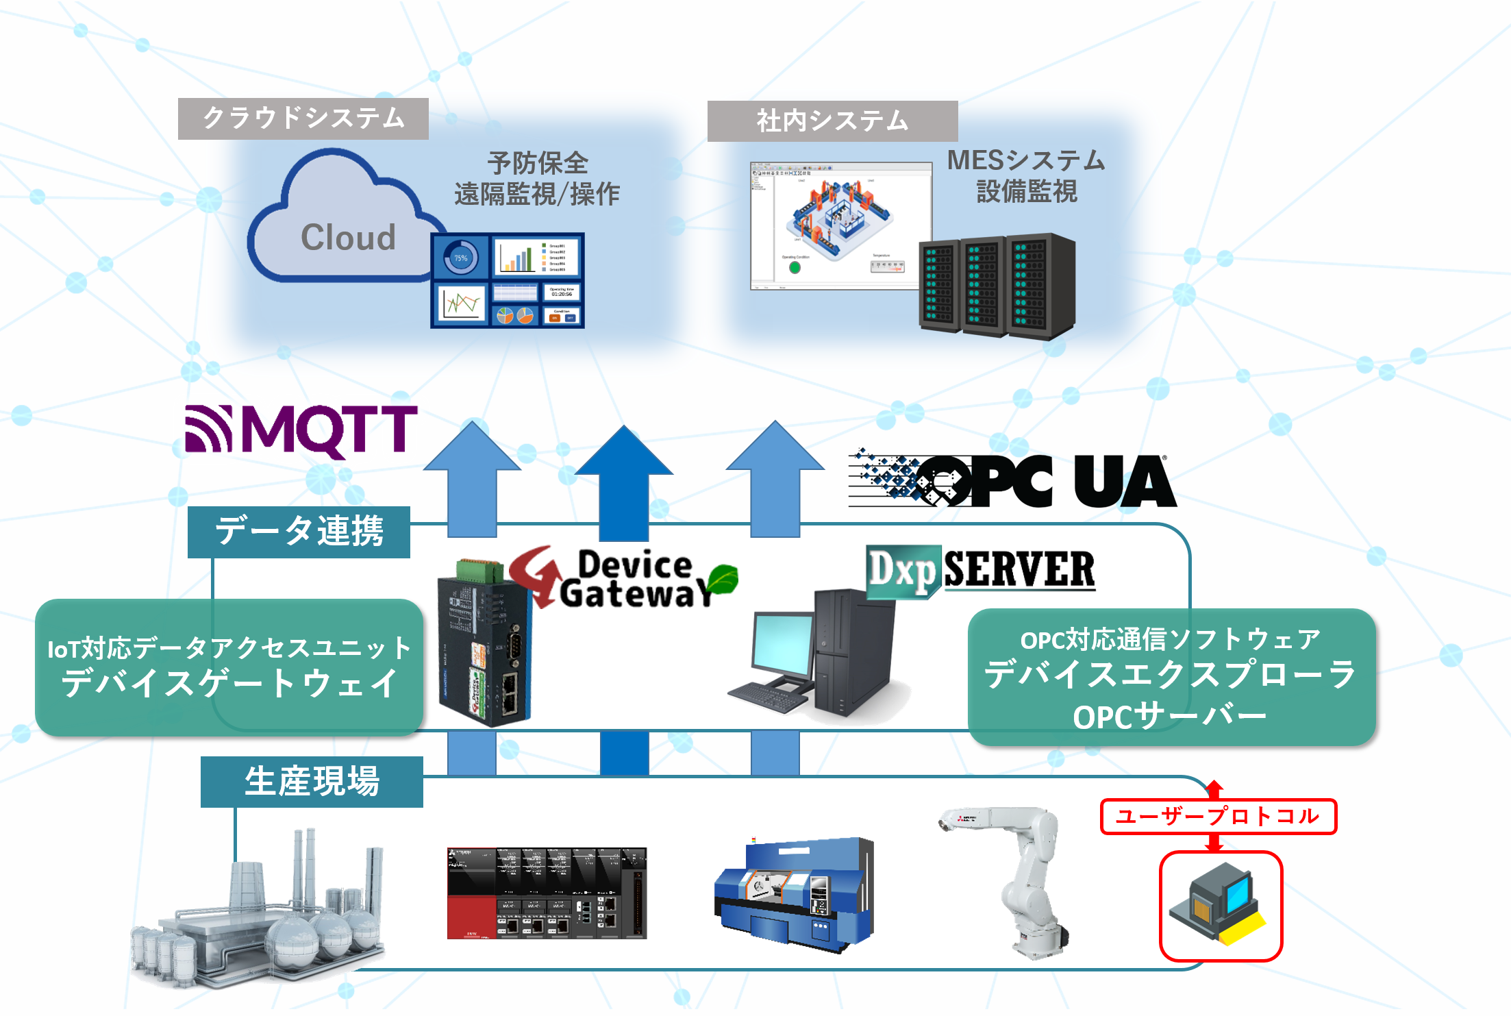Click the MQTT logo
(x=301, y=430)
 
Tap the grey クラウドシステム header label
(x=303, y=119)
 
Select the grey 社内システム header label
(x=832, y=121)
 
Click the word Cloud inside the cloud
(x=348, y=238)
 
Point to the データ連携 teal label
(x=299, y=532)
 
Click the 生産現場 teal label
(x=312, y=782)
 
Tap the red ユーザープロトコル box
(x=1218, y=816)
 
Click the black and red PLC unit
(x=547, y=893)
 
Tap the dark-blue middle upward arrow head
(x=624, y=453)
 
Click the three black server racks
(x=997, y=286)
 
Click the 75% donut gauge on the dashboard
(x=460, y=258)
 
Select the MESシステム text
(x=1026, y=161)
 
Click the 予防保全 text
(x=538, y=164)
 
